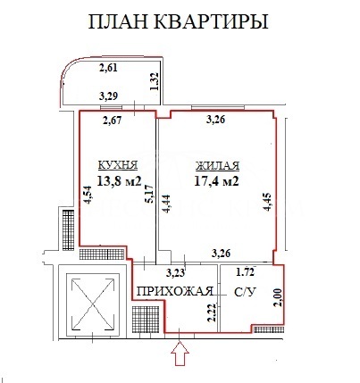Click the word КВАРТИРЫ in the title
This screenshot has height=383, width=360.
pos(216,21)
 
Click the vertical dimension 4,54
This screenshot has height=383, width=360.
pos(87,196)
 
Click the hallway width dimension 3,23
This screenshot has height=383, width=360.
pos(177,273)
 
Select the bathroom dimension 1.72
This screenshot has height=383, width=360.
pos(245,271)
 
